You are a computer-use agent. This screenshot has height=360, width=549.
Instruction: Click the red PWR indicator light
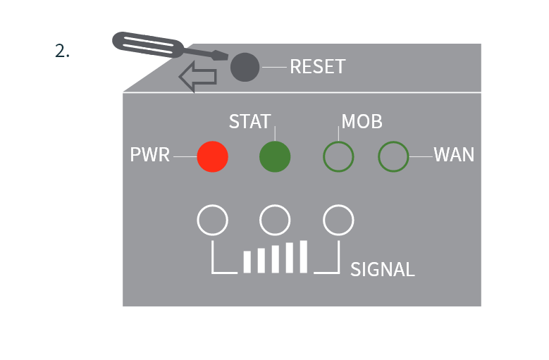pos(212,156)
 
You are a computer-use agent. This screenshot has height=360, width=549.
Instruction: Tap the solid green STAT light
pos(275,156)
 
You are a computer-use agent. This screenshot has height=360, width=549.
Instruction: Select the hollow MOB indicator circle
pos(338,156)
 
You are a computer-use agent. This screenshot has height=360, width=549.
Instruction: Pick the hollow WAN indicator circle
pos(393,156)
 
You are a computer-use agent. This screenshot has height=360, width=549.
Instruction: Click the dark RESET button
pos(245,67)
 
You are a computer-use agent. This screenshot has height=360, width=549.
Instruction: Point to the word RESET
pos(317,67)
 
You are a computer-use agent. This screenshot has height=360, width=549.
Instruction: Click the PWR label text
pos(150,155)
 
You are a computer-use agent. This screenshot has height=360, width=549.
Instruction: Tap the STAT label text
pos(249,121)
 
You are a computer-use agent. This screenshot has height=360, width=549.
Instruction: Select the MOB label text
pos(362,121)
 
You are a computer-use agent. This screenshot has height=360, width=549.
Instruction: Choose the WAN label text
pos(454,155)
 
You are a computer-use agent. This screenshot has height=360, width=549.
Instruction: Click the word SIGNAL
pos(382,269)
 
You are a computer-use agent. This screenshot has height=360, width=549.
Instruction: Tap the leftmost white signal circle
pos(212,220)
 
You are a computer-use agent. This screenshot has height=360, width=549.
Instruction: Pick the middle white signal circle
pos(275,220)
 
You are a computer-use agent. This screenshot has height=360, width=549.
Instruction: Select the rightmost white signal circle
pos(338,220)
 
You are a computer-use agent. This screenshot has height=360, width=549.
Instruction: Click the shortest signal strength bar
pos(247,261)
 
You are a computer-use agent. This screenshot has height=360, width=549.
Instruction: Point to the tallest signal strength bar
pos(304,256)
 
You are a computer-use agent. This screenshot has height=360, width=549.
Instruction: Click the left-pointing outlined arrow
pos(198,77)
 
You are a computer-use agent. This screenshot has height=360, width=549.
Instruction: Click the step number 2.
pos(62,51)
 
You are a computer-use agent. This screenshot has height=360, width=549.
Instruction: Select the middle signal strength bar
pos(276,259)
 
